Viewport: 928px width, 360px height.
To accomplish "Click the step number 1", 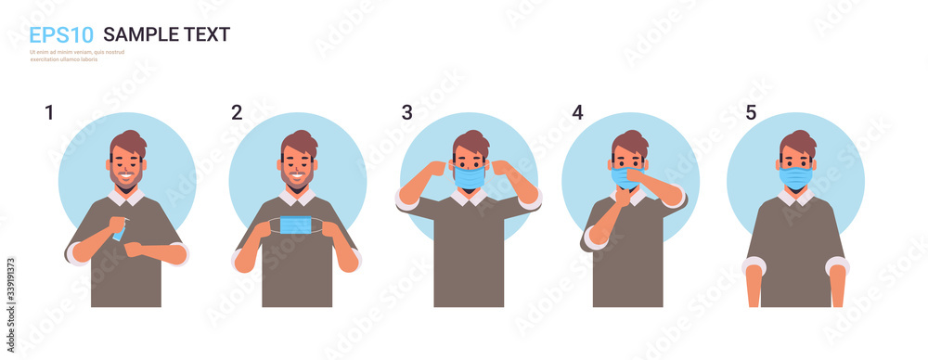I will tap(49, 113).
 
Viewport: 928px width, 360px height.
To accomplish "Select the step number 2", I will tap(237, 113).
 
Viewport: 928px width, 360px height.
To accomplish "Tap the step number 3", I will tap(406, 113).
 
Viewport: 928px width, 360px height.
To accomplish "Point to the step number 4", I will tap(577, 113).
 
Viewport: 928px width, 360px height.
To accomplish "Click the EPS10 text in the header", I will tap(60, 35).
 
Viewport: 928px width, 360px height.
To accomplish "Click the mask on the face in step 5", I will tap(795, 176).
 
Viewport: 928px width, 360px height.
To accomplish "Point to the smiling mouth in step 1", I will tap(127, 178).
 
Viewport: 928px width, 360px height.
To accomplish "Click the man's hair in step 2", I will tap(300, 142).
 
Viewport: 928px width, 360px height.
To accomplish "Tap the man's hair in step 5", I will tap(798, 142).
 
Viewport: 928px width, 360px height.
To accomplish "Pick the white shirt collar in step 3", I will tap(470, 196).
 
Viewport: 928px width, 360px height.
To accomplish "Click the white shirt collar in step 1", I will tap(128, 197).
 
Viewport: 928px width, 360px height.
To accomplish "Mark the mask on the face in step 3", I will tap(469, 176).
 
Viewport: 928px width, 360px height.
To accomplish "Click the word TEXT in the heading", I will tap(203, 35).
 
